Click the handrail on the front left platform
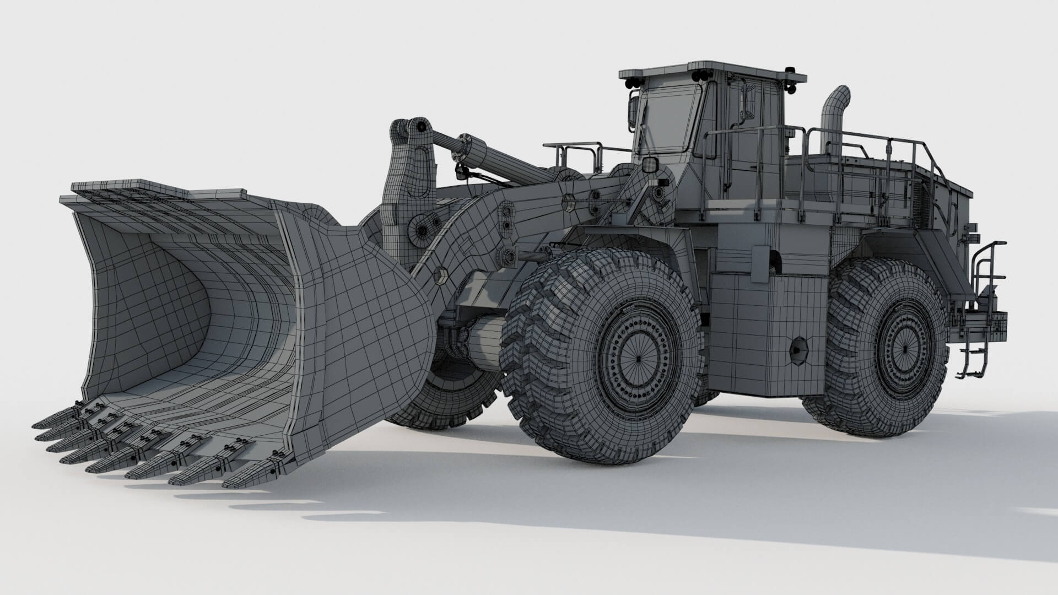(x=573, y=152)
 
